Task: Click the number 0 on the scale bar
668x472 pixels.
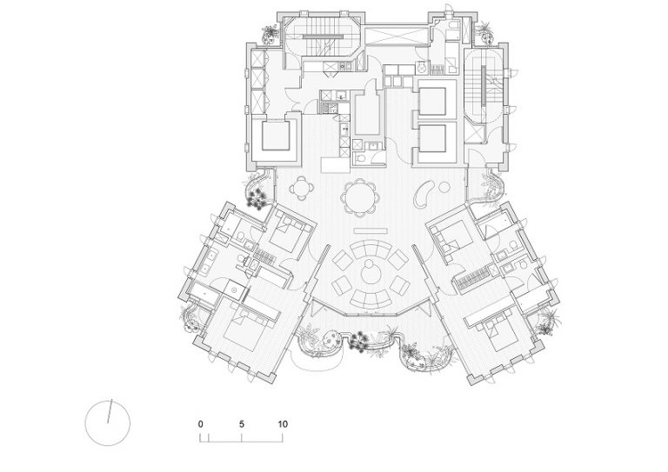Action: tap(201, 424)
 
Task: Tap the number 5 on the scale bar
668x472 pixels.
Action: tap(242, 424)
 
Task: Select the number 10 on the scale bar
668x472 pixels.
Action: tap(283, 424)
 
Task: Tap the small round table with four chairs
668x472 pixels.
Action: tap(302, 188)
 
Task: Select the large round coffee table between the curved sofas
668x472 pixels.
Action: tap(369, 273)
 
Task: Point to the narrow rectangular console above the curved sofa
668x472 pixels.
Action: tap(371, 230)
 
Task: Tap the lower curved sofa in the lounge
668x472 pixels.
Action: tap(371, 297)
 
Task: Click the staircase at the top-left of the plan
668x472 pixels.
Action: tap(322, 37)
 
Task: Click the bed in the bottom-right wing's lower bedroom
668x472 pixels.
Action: tap(500, 330)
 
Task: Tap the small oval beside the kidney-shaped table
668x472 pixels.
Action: tap(444, 187)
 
